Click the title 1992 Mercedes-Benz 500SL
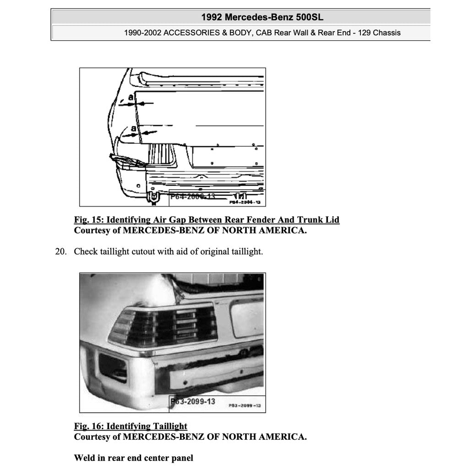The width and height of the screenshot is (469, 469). click(x=262, y=17)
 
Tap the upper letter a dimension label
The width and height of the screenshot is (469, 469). click(x=131, y=98)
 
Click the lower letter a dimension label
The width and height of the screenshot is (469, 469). click(x=133, y=129)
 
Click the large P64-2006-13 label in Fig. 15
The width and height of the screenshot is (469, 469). click(x=192, y=196)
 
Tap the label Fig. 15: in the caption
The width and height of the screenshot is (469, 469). click(x=89, y=220)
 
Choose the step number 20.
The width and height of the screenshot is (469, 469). click(x=61, y=251)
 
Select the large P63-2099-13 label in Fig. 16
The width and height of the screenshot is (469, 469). click(x=193, y=402)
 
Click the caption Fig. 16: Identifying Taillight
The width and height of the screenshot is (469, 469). click(x=131, y=426)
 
